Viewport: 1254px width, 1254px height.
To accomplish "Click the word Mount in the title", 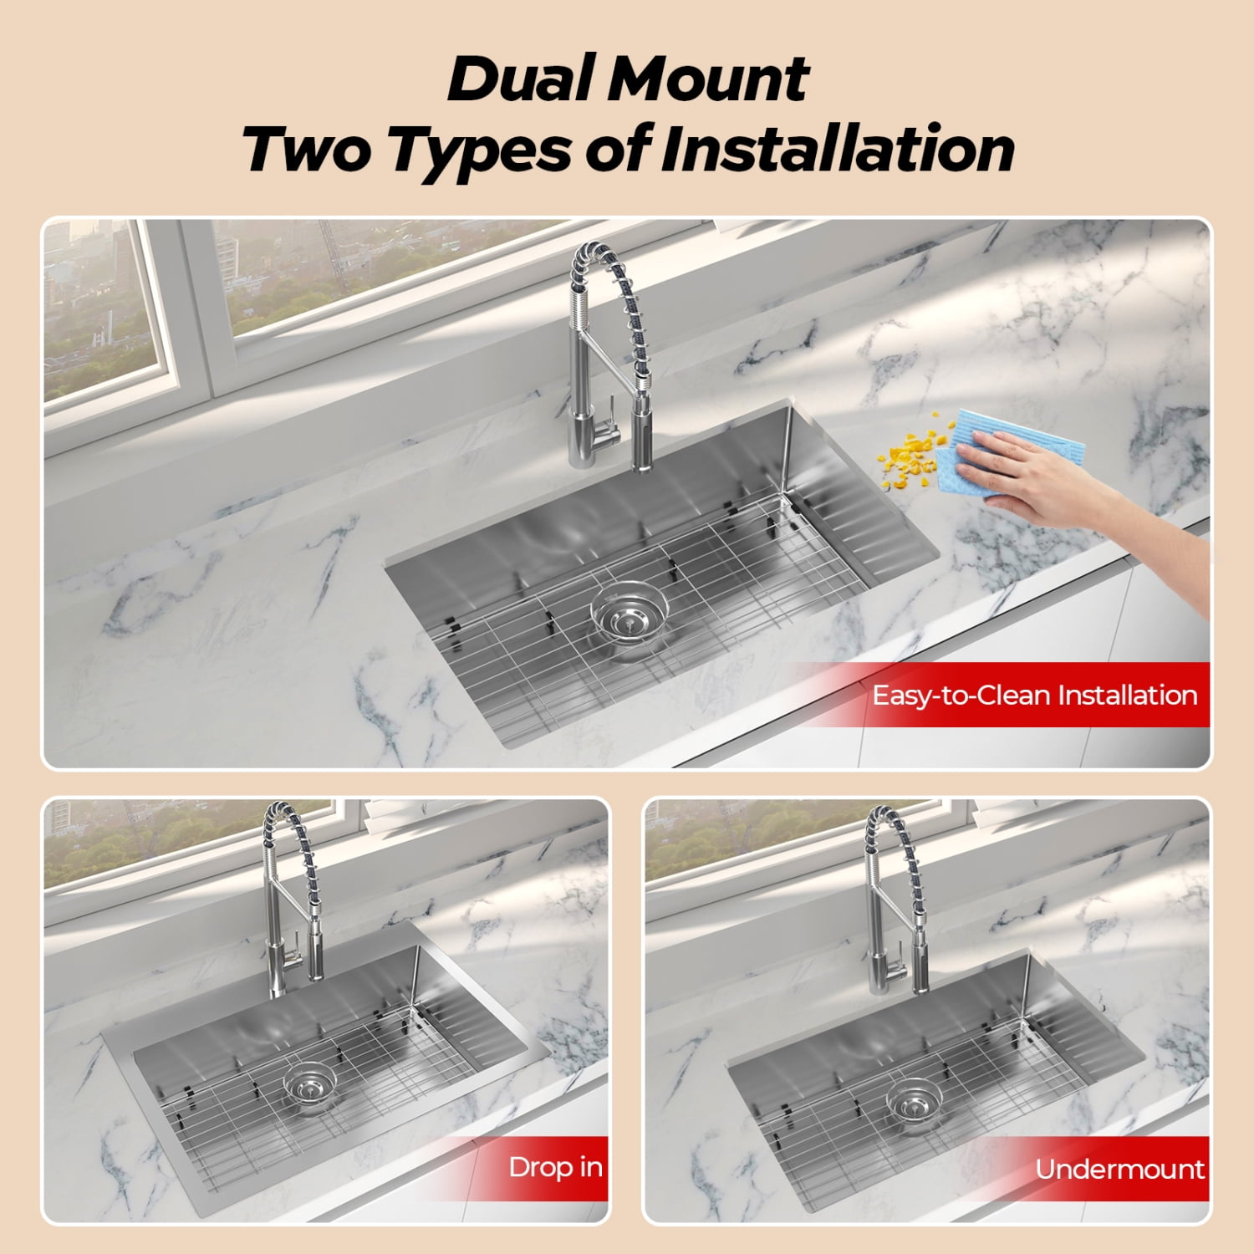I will tap(708, 79).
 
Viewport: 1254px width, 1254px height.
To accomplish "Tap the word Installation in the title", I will tap(839, 149).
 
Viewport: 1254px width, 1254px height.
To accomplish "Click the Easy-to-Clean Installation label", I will tap(1034, 696).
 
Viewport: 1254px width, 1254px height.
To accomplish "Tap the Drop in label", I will tap(555, 1167).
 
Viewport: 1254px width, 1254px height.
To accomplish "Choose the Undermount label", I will tap(1119, 1169).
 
